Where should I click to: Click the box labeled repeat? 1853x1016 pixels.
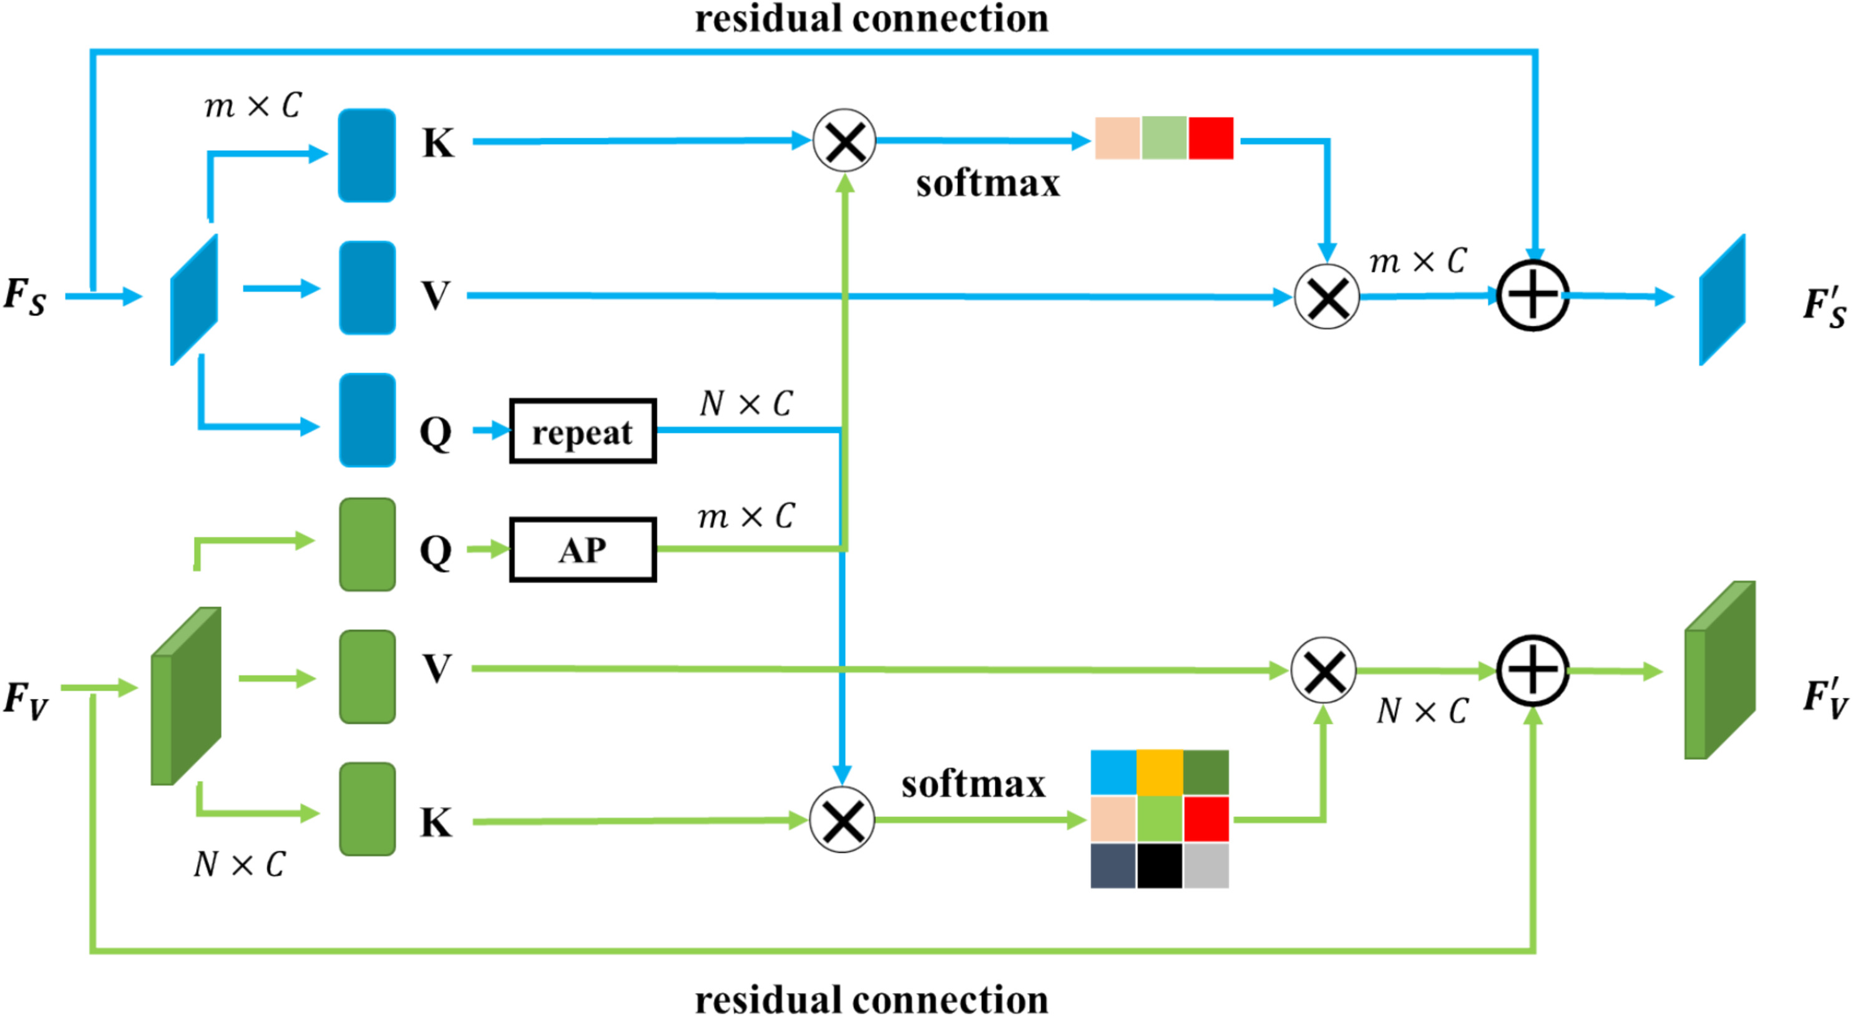pyautogui.click(x=583, y=432)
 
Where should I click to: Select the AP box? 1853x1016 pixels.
pyautogui.click(x=583, y=550)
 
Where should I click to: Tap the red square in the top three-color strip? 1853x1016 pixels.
pyautogui.click(x=1211, y=138)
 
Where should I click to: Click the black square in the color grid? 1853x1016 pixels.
pyautogui.click(x=1160, y=865)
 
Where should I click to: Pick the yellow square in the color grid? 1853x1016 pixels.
pyautogui.click(x=1160, y=773)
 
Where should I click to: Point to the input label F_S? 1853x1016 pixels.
pyautogui.click(x=25, y=296)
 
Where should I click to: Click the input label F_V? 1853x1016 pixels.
pyautogui.click(x=26, y=700)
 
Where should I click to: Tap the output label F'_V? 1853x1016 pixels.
pyautogui.click(x=1824, y=697)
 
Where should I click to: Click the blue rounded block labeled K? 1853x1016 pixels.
pyautogui.click(x=367, y=155)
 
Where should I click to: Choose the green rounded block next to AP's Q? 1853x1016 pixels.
pyautogui.click(x=367, y=544)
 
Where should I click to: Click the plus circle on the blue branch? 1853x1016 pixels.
pyautogui.click(x=1532, y=296)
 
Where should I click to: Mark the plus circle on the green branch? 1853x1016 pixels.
pyautogui.click(x=1532, y=670)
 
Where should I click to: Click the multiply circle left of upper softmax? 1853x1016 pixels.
pyautogui.click(x=844, y=141)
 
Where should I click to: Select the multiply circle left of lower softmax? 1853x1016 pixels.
pyautogui.click(x=841, y=820)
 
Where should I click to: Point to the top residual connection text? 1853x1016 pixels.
pyautogui.click(x=871, y=19)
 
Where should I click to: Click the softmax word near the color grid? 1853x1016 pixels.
pyautogui.click(x=973, y=784)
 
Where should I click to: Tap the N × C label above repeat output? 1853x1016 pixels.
pyautogui.click(x=746, y=404)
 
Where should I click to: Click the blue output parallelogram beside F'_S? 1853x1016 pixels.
pyautogui.click(x=1722, y=300)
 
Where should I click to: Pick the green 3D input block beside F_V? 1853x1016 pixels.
pyautogui.click(x=185, y=696)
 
